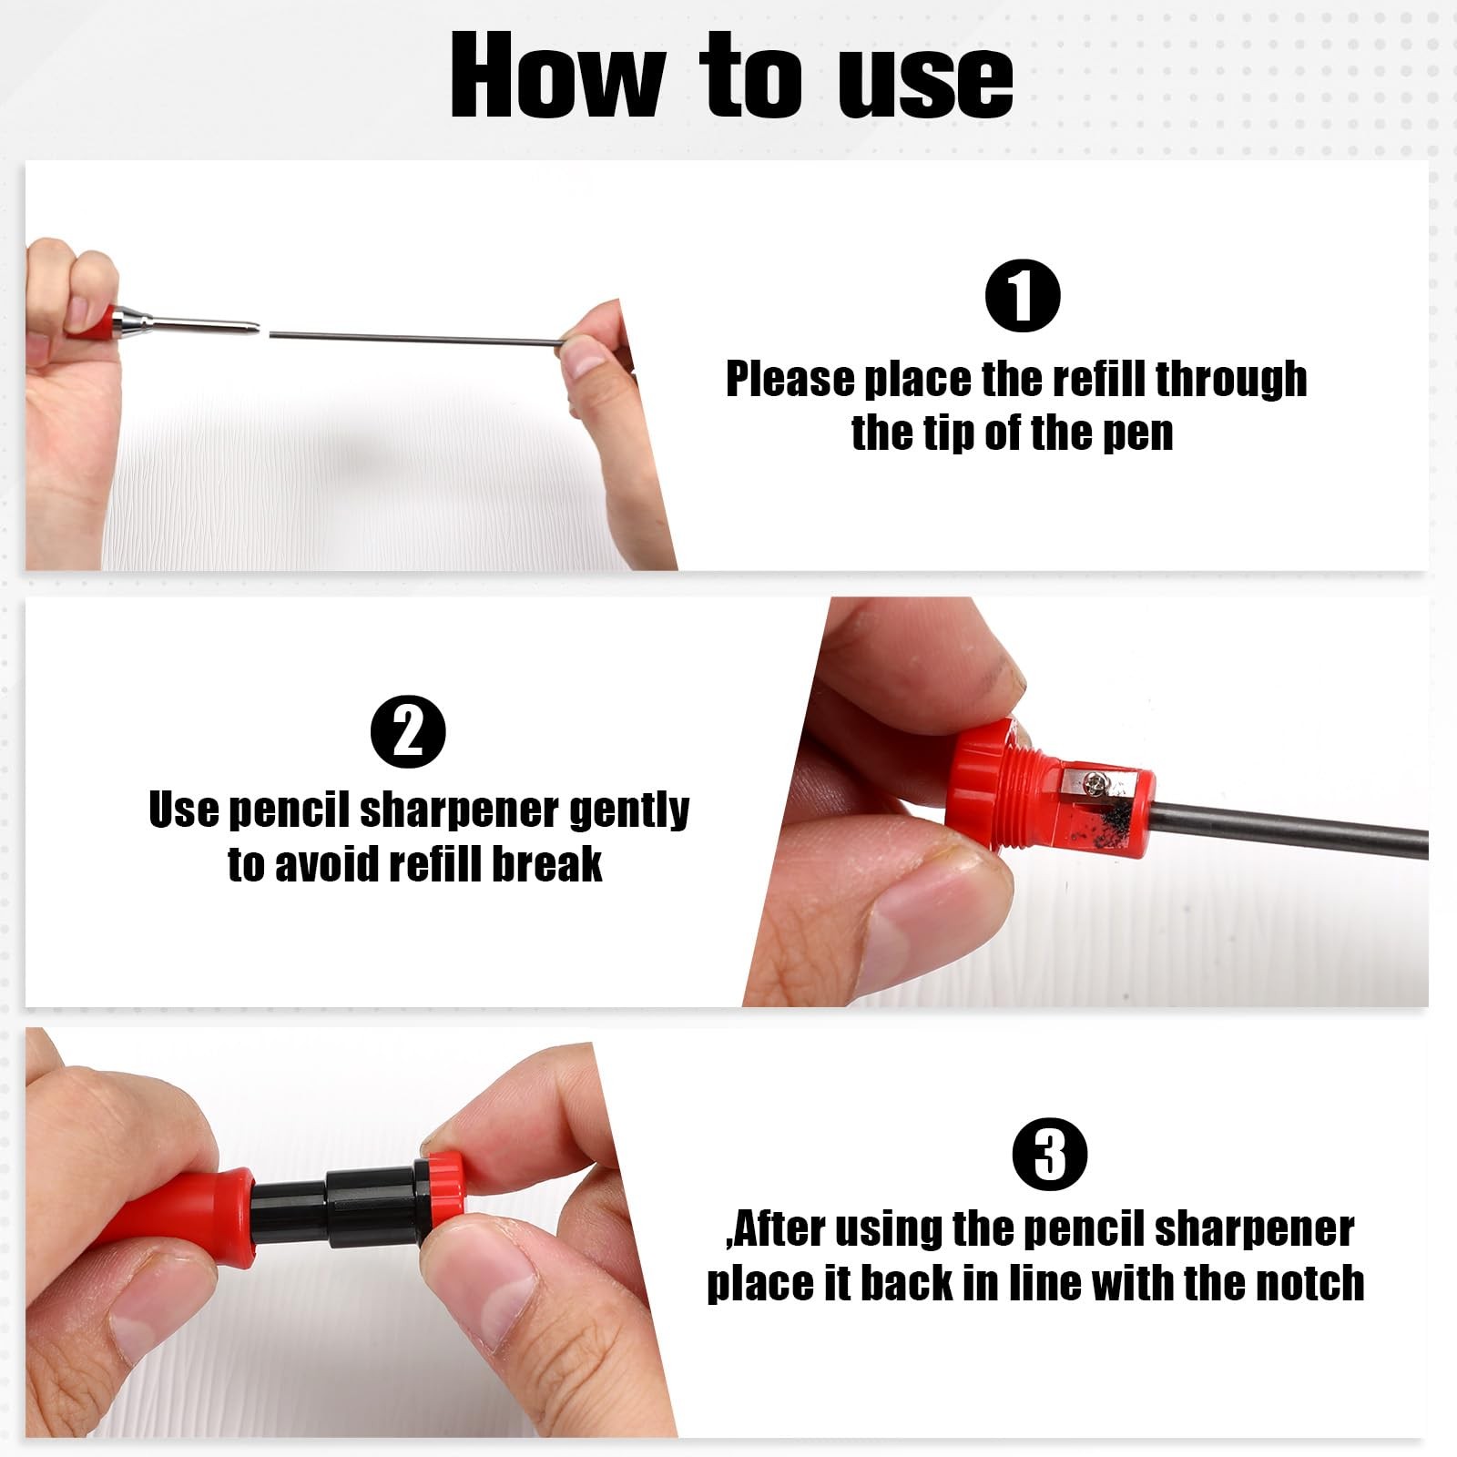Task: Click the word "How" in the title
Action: pos(557,76)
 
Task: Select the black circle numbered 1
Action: pos(1023,296)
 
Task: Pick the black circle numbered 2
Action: pos(408,731)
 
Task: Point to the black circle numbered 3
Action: pos(1050,1154)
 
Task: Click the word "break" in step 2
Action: pos(546,863)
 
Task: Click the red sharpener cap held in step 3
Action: pos(444,1187)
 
